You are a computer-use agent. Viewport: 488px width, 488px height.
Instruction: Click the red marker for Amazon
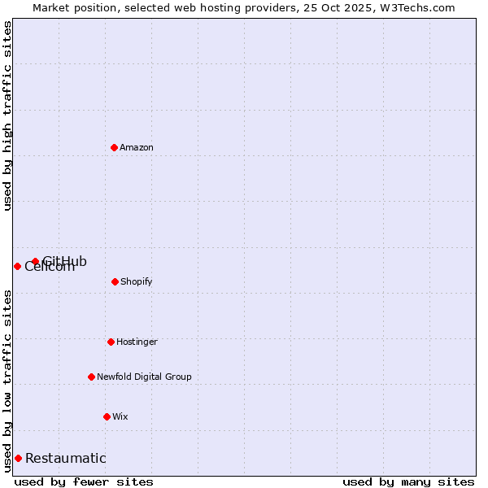tap(114, 147)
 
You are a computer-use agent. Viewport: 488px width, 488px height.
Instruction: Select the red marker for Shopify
tap(115, 281)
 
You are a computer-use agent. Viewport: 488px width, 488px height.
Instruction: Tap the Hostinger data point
tap(111, 342)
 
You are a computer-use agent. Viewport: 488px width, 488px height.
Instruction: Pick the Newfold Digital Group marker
tap(91, 377)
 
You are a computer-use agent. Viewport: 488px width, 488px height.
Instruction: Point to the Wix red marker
tap(107, 416)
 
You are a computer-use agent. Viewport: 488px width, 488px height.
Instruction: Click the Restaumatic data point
tap(18, 458)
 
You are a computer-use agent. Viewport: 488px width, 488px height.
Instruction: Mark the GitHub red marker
tap(35, 261)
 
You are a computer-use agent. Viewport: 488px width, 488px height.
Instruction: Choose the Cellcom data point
tap(17, 266)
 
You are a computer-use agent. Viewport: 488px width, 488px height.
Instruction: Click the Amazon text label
tap(137, 147)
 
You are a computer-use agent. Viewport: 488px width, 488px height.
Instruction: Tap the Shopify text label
tap(137, 281)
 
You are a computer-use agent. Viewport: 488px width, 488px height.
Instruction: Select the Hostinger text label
tap(137, 342)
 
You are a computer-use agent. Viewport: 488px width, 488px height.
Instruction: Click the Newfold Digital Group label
tap(144, 377)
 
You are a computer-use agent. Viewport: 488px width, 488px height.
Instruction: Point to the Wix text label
tap(120, 416)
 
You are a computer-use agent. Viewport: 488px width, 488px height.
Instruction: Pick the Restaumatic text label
tap(65, 458)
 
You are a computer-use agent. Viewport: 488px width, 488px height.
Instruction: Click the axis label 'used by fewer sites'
tap(84, 481)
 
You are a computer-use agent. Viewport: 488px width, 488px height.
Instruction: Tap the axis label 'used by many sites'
tap(408, 481)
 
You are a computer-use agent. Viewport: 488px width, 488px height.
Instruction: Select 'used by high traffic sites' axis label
tap(7, 115)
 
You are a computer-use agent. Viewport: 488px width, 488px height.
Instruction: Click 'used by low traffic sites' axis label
tap(7, 381)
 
